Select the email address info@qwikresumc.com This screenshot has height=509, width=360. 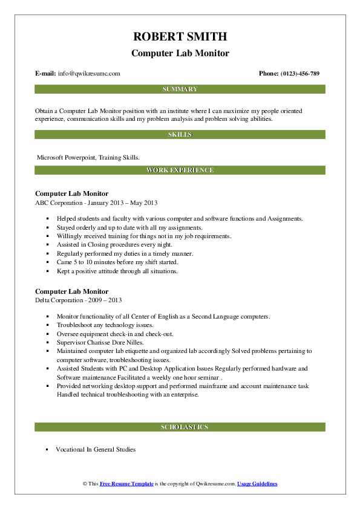(x=90, y=74)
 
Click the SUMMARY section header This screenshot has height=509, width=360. (x=180, y=89)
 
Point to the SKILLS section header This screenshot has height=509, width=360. (x=180, y=135)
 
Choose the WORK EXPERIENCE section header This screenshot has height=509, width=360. (x=180, y=170)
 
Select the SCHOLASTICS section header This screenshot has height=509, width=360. (x=180, y=427)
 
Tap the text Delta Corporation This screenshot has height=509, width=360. (x=63, y=300)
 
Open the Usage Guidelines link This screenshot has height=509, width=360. (x=257, y=484)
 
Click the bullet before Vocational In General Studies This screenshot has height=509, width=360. (x=47, y=450)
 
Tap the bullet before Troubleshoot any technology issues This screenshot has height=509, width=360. (x=47, y=325)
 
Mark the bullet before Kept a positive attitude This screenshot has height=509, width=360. (x=47, y=271)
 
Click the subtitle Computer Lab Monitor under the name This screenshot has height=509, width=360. (x=180, y=53)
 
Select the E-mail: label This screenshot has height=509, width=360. (x=46, y=74)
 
